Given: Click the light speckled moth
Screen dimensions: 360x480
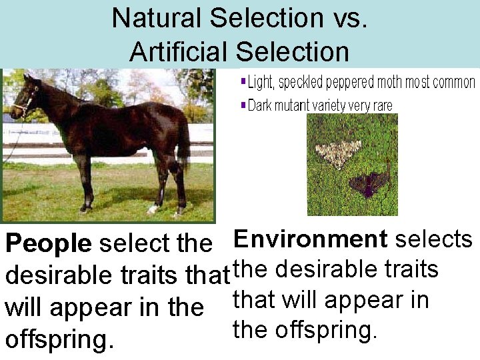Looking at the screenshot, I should click(x=338, y=153).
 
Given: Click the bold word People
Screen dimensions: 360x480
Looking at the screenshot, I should click(x=48, y=244).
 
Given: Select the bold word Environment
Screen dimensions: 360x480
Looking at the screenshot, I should click(x=311, y=239).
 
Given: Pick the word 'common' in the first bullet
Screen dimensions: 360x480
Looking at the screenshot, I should click(x=453, y=83).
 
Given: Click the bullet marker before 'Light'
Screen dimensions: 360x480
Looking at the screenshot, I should click(x=243, y=83).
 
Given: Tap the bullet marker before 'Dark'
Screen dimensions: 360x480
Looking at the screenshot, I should click(x=243, y=105).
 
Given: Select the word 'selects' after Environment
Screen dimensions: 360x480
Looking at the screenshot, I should click(x=434, y=239).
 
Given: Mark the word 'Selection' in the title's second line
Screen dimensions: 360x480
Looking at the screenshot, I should click(x=293, y=51).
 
